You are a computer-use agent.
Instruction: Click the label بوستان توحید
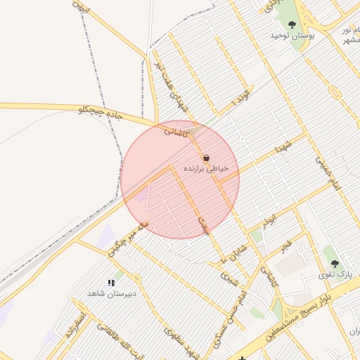click(296, 34)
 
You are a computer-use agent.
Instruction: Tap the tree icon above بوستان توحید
click(292, 25)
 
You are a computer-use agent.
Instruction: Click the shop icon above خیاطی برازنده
click(206, 158)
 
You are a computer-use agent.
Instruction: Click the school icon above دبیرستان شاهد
click(110, 283)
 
